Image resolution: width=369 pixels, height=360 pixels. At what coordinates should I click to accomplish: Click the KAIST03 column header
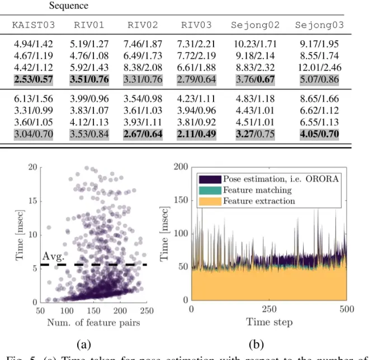(35, 26)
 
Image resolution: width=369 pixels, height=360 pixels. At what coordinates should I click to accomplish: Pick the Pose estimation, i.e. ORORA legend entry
(271, 179)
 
